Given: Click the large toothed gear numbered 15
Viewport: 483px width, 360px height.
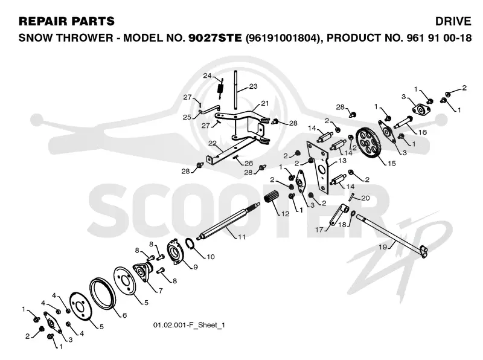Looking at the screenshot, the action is tap(368, 143).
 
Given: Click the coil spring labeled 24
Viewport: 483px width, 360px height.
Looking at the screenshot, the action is tap(220, 88).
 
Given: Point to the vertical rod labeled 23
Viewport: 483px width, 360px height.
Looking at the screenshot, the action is tap(235, 89).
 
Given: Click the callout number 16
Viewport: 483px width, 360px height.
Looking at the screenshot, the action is tap(422, 132).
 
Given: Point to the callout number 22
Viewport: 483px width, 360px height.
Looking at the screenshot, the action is tap(213, 143).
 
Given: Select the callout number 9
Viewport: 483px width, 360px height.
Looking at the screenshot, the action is tap(195, 267).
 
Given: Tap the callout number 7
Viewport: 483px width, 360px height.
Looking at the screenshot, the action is tap(160, 291).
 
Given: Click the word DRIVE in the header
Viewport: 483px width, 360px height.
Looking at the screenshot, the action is tap(453, 21).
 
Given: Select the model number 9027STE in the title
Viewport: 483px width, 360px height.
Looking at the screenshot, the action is tap(215, 37).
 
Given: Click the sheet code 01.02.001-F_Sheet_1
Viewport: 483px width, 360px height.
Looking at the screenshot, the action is tap(189, 325).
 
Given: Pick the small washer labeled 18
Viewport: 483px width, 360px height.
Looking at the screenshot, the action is tap(353, 213).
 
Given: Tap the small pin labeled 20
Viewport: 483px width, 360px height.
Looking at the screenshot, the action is tap(351, 196).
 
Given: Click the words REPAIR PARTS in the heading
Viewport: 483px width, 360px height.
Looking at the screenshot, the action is tap(66, 21).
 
